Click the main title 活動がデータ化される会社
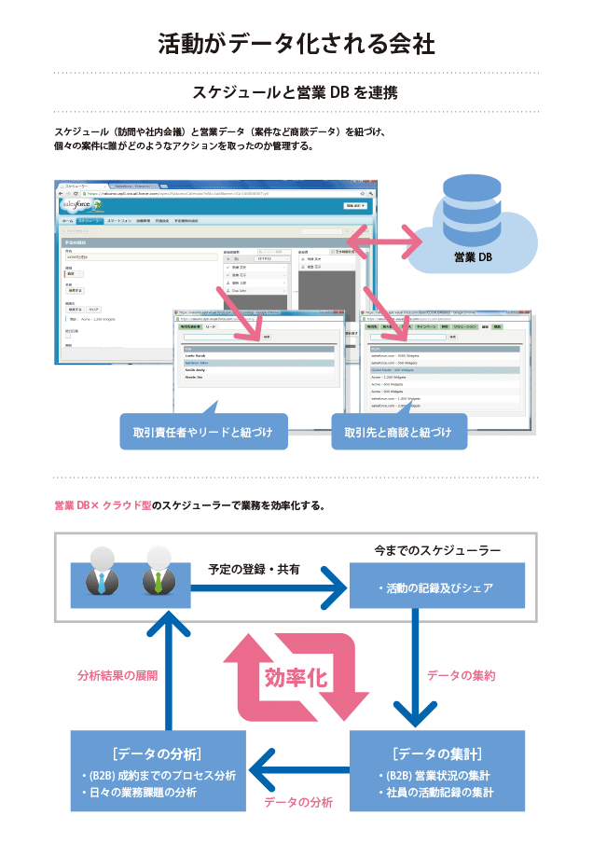[x=296, y=44]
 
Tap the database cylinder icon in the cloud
[x=472, y=210]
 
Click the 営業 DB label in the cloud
[x=472, y=256]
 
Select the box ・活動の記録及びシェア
[x=436, y=587]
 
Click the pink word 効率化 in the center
[x=296, y=677]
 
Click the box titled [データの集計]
[x=436, y=770]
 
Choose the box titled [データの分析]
[x=158, y=770]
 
